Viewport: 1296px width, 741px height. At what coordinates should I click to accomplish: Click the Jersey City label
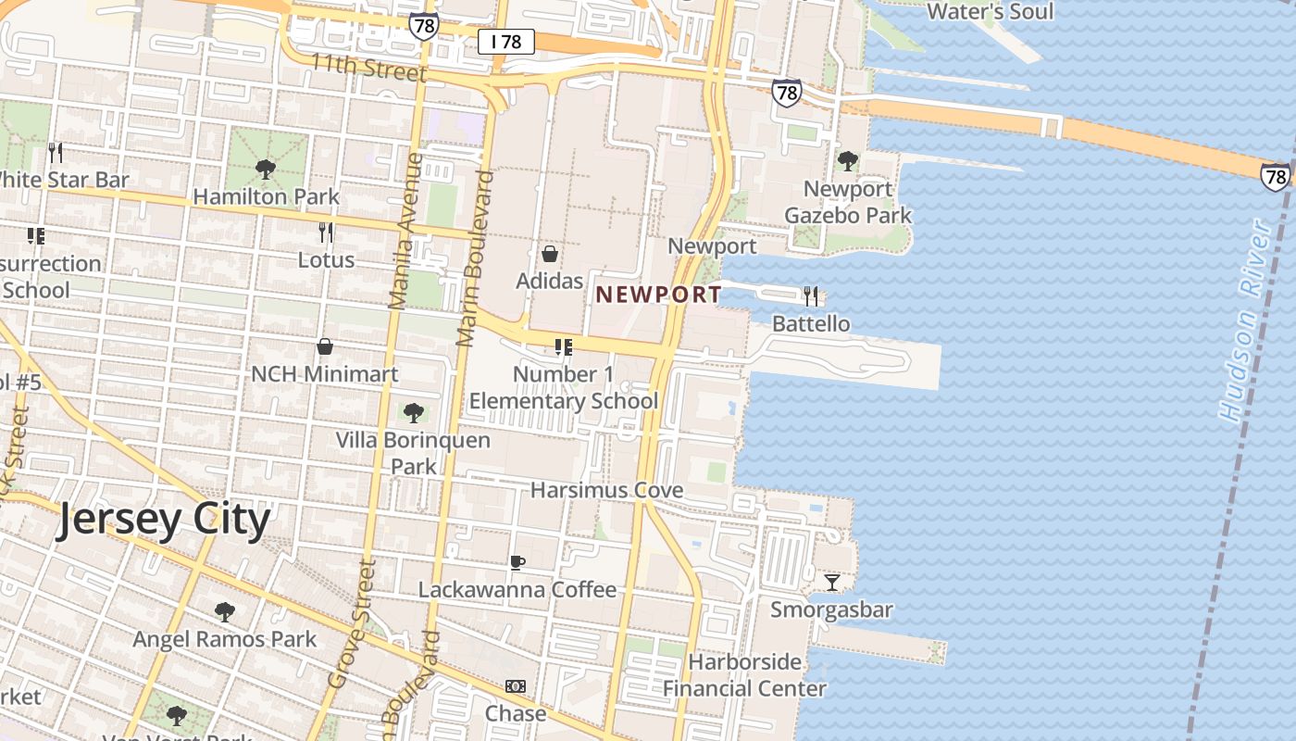[163, 520]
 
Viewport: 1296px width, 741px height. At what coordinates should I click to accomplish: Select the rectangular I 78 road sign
[506, 42]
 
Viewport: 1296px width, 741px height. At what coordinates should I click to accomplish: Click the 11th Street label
[368, 68]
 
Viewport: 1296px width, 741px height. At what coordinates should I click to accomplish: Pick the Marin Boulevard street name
[474, 257]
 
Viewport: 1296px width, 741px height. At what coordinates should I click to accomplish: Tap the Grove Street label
[353, 623]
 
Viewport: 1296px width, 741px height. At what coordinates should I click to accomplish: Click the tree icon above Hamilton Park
[265, 169]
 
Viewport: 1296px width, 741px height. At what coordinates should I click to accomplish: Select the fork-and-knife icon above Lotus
[326, 232]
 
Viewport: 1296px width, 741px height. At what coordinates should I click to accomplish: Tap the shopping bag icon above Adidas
[550, 253]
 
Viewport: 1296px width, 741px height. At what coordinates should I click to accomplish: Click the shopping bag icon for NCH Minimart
[325, 346]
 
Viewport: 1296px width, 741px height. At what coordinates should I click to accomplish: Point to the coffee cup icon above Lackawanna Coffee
[517, 562]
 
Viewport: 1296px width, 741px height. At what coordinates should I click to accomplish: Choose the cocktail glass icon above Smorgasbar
[832, 582]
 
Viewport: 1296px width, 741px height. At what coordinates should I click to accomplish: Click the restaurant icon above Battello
[811, 295]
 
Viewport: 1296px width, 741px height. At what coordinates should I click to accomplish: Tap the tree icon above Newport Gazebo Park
[847, 161]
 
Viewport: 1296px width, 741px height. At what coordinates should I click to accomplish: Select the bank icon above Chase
[516, 686]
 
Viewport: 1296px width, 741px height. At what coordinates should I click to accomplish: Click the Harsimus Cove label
[606, 490]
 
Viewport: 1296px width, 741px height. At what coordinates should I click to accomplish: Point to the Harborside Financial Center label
[744, 675]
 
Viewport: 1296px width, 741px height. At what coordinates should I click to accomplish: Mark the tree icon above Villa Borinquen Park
[413, 412]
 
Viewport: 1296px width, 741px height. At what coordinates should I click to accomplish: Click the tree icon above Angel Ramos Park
[224, 611]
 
